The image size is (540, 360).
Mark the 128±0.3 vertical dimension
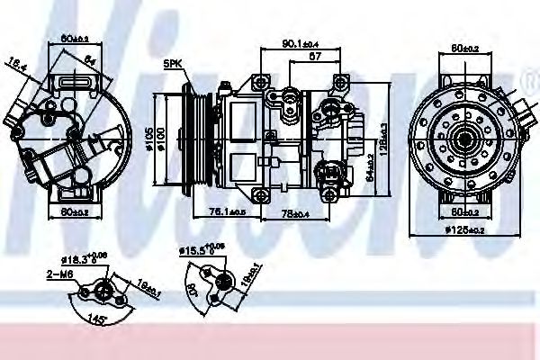click(382, 139)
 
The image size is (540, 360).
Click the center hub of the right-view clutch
click(464, 140)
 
